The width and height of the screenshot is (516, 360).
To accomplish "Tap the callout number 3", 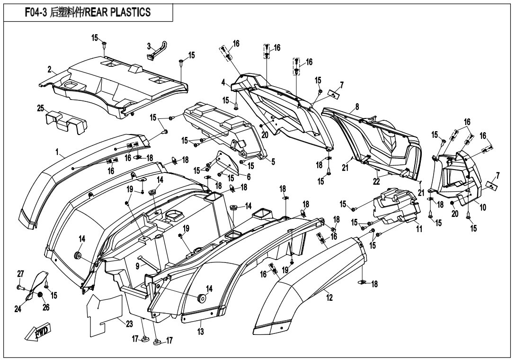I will click(149, 46).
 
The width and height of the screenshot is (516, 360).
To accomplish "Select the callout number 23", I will click(116, 324).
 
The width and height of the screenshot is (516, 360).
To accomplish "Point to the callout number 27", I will click(20, 274).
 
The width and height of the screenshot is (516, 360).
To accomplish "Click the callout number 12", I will click(329, 297).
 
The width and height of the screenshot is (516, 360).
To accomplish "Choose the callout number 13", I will click(201, 332).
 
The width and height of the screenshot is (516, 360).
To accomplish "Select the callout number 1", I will click(57, 153).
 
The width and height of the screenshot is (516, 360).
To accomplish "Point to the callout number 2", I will click(49, 70).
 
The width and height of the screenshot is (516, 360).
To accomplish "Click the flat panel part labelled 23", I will click(104, 310).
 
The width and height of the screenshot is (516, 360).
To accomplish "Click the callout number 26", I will click(46, 307).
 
